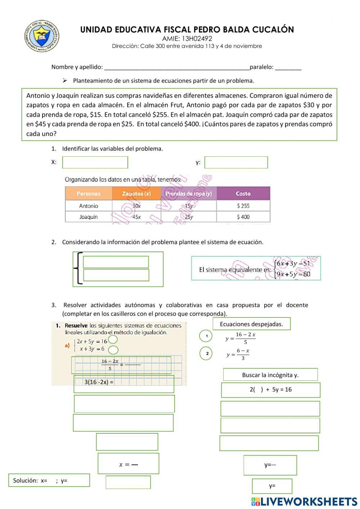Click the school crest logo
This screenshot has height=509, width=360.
(x=41, y=36)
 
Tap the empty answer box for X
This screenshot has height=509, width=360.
(x=95, y=162)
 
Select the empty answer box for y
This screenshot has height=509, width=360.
(x=236, y=162)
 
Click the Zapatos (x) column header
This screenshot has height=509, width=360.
(x=136, y=193)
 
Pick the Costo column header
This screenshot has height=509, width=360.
(x=243, y=193)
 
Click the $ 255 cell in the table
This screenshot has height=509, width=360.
(x=243, y=206)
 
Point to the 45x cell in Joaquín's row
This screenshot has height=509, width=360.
(x=136, y=217)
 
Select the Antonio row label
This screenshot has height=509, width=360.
(x=89, y=206)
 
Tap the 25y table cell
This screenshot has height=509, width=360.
(x=189, y=217)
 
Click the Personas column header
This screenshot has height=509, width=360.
(x=89, y=193)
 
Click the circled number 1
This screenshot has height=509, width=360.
(x=206, y=336)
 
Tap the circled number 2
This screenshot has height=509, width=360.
(x=207, y=353)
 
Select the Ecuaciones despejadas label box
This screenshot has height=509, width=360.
(x=251, y=324)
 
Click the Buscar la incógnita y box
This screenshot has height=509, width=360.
(x=270, y=375)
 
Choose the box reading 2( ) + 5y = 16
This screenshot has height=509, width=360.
(x=270, y=390)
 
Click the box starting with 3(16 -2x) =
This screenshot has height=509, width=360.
(x=123, y=384)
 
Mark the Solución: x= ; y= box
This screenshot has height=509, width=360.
(x=49, y=480)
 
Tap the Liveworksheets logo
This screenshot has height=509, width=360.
(x=304, y=501)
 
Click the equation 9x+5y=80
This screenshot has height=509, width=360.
(x=293, y=274)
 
